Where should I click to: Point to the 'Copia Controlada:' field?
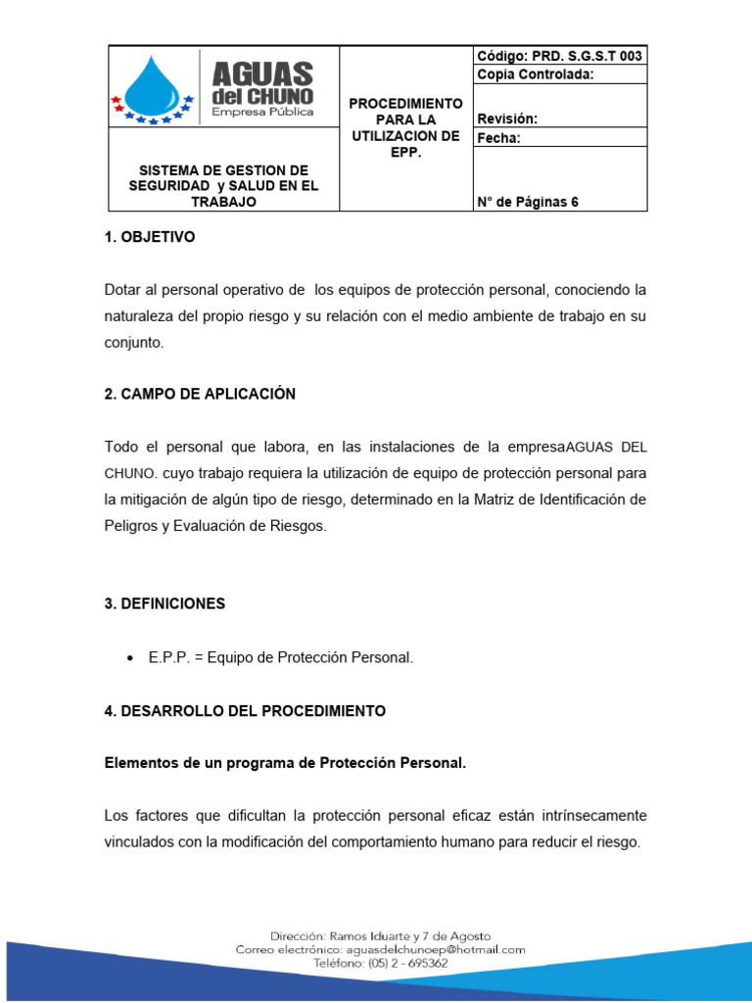[x=536, y=75]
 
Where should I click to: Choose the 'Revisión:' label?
[x=507, y=119]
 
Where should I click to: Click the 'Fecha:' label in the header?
[x=499, y=138]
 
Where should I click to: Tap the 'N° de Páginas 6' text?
[x=528, y=202]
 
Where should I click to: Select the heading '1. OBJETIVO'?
[x=150, y=237]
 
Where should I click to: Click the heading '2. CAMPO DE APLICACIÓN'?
[x=200, y=394]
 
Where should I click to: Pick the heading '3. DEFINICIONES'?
[x=164, y=603]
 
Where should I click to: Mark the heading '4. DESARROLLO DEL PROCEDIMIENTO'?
[x=245, y=711]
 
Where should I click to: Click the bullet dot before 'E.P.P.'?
[x=131, y=658]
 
